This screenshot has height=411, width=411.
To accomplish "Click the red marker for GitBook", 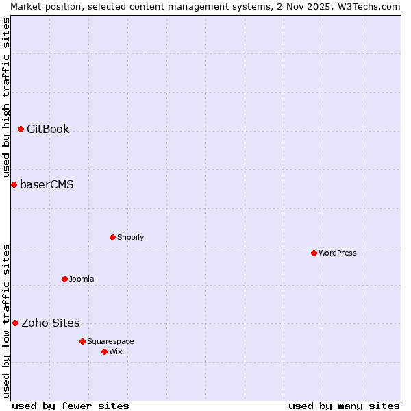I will [21, 129].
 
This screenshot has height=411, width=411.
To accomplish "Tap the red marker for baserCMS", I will [14, 184].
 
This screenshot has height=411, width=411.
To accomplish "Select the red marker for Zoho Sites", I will [15, 323].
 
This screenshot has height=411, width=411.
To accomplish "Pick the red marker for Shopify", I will [112, 237].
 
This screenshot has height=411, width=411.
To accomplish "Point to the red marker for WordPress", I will [314, 253].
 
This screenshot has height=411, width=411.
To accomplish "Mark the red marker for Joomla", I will [64, 279].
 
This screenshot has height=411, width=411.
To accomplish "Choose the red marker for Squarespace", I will [82, 341].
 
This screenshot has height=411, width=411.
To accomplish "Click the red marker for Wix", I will [104, 351].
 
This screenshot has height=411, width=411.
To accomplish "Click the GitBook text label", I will [48, 129].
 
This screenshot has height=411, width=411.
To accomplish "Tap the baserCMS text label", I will [47, 184].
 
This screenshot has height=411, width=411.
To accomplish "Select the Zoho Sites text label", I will [50, 323].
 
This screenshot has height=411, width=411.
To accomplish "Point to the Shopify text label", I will [130, 237].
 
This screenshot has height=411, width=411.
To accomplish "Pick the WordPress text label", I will [337, 253].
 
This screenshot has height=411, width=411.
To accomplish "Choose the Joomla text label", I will [82, 279].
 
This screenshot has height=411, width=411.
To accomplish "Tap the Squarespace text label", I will [110, 341].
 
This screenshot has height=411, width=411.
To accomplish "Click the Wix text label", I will [115, 351].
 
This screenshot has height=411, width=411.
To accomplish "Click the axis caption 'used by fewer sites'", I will [71, 406].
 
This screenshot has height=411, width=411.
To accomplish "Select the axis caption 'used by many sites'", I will [344, 406].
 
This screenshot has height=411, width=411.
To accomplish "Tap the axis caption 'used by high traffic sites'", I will [6, 97].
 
